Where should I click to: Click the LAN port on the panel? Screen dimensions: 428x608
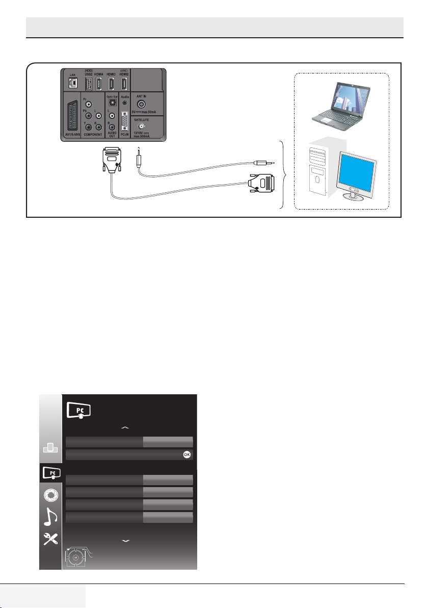click(72, 83)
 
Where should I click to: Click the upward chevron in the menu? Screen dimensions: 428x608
click(126, 427)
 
